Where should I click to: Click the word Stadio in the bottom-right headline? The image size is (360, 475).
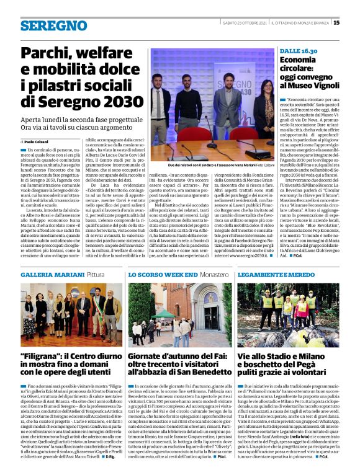279,356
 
